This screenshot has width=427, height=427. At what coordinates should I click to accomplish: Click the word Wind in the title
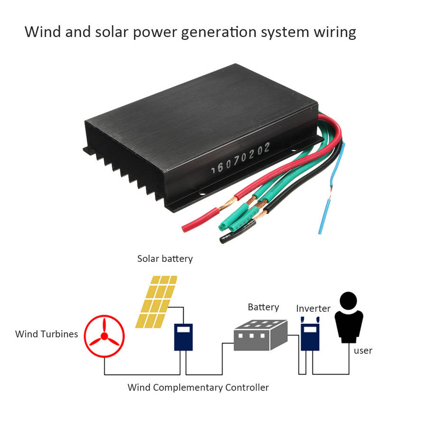pyautogui.click(x=40, y=32)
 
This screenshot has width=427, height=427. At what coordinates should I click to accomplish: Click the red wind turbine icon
pyautogui.click(x=104, y=337)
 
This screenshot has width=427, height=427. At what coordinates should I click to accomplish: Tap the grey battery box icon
pyautogui.click(x=260, y=334)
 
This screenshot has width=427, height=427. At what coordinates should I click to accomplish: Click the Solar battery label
pyautogui.click(x=165, y=259)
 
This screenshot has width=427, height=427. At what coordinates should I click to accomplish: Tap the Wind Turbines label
pyautogui.click(x=46, y=334)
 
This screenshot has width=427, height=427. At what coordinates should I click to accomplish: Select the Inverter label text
pyautogui.click(x=313, y=308)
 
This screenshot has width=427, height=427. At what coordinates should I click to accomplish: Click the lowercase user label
pyautogui.click(x=363, y=351)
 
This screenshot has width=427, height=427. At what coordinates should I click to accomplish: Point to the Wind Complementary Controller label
pyautogui.click(x=198, y=388)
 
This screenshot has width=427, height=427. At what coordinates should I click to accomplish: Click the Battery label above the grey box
pyautogui.click(x=263, y=307)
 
